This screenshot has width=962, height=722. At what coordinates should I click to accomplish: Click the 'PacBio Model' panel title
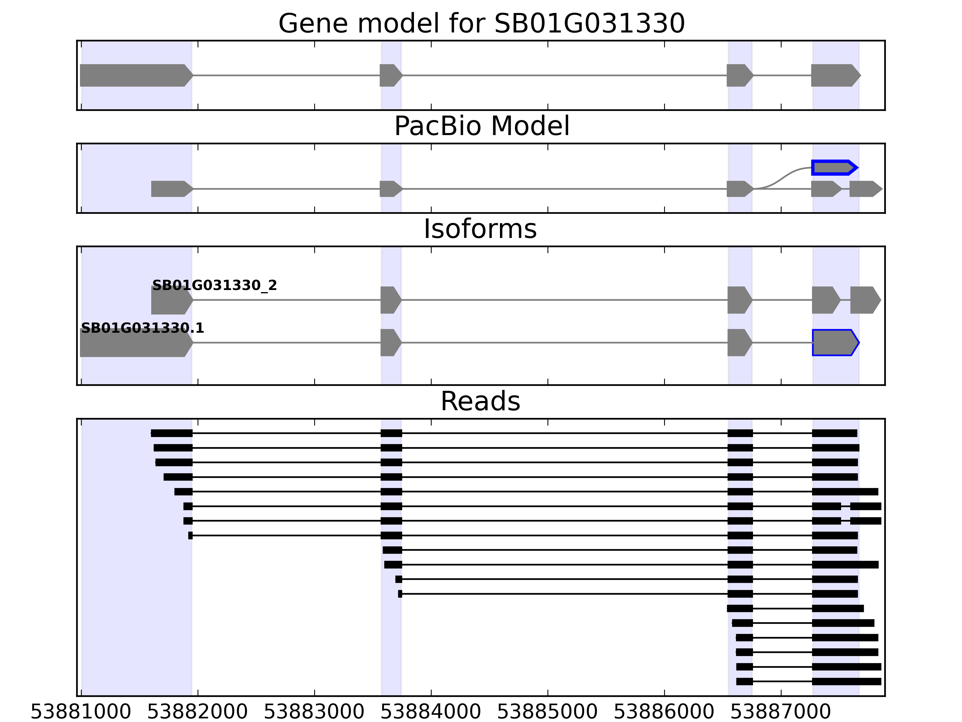click(481, 126)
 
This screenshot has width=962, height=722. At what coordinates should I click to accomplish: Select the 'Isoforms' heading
click(480, 229)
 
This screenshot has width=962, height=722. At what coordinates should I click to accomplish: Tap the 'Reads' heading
click(480, 401)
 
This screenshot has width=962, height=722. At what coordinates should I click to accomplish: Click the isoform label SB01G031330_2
click(214, 285)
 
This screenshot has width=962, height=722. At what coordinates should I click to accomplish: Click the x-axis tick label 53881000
click(81, 712)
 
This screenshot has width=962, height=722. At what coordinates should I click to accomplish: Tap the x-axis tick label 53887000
click(781, 712)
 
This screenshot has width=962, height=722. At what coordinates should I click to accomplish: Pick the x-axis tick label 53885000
click(547, 712)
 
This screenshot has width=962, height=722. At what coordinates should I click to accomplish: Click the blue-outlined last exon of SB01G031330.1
click(835, 343)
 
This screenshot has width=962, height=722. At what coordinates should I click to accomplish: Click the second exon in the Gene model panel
click(390, 75)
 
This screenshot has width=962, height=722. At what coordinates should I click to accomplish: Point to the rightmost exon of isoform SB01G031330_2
click(865, 300)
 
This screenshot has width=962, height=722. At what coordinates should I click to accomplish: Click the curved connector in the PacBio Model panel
click(783, 177)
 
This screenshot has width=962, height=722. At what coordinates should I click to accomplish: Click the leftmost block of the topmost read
click(171, 433)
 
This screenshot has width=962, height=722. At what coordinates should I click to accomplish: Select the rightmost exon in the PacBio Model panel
click(865, 189)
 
